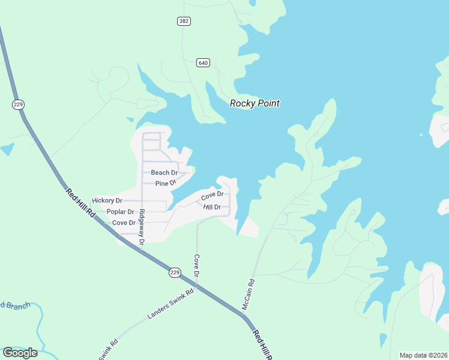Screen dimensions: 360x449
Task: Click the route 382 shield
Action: pyautogui.click(x=184, y=21)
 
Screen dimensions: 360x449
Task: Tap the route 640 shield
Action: pyautogui.click(x=203, y=62)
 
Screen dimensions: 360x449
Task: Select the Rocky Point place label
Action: pyautogui.click(x=255, y=103)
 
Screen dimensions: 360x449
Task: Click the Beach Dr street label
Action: pyautogui.click(x=164, y=173)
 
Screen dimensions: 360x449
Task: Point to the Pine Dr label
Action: pyautogui.click(x=165, y=183)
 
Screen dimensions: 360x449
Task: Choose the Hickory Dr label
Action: pyautogui.click(x=107, y=200)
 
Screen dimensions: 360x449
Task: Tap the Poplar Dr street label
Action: pyautogui.click(x=120, y=212)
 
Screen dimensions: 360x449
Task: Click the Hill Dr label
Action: pyautogui.click(x=212, y=207)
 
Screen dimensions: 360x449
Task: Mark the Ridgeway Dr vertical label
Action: pyautogui.click(x=142, y=227)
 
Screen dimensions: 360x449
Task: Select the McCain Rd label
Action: pyautogui.click(x=249, y=294)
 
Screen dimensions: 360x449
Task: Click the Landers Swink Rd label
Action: pyautogui.click(x=170, y=304)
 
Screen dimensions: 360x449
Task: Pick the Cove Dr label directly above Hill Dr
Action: pyautogui.click(x=212, y=196)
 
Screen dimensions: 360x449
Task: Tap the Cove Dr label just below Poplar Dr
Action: pyautogui.click(x=124, y=223)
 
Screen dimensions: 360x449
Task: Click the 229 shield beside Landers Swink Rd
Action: pyautogui.click(x=175, y=272)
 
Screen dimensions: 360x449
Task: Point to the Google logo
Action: pyautogui.click(x=20, y=352)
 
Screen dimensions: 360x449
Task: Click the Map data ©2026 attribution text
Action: pyautogui.click(x=424, y=355)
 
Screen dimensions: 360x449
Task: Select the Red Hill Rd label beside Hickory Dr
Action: pyautogui.click(x=80, y=203)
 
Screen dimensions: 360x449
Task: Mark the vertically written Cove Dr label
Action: pyautogui.click(x=196, y=266)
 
